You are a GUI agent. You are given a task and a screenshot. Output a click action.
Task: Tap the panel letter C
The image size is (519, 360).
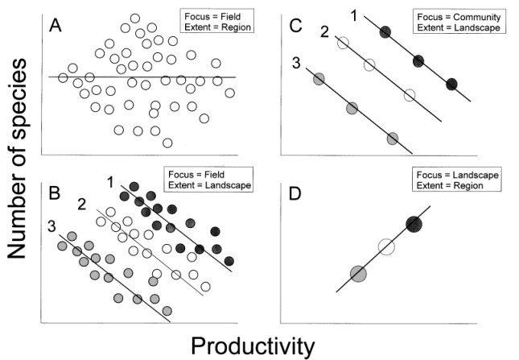tap(296, 26)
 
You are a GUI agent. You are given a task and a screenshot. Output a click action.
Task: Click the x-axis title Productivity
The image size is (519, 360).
tap(252, 346)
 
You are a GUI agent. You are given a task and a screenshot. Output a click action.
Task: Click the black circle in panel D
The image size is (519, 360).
tap(414, 224)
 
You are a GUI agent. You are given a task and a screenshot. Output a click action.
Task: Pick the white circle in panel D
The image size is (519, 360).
tap(386, 247)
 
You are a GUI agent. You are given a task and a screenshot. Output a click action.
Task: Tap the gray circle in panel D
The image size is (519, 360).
tap(358, 274)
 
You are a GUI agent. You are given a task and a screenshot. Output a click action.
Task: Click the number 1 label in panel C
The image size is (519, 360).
tap(354, 14)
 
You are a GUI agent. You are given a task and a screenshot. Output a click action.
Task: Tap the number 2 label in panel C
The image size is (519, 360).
tap(323, 33)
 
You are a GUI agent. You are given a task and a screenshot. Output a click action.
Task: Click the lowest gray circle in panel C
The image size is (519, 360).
tap(393, 139)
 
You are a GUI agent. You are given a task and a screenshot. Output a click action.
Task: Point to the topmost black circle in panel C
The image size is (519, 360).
tap(385, 32)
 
